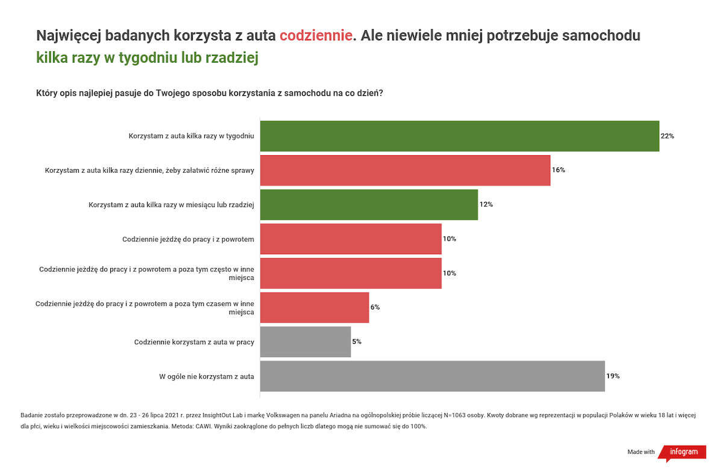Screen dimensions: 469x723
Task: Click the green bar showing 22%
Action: click(x=459, y=136)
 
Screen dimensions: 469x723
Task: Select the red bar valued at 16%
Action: click(x=405, y=170)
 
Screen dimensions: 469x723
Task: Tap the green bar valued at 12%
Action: click(x=369, y=205)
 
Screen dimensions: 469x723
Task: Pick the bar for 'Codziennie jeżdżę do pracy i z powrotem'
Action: click(x=351, y=239)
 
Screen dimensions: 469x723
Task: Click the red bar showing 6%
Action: click(x=315, y=308)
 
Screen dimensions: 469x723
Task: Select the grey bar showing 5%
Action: click(x=305, y=342)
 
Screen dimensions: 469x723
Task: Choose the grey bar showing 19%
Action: click(x=432, y=376)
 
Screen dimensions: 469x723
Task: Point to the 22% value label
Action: click(x=667, y=136)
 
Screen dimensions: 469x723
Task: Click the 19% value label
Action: click(x=613, y=376)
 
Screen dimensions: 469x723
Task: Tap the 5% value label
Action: click(x=357, y=342)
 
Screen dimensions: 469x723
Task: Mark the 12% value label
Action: click(x=486, y=205)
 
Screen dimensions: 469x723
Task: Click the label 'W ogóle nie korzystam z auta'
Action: click(x=206, y=376)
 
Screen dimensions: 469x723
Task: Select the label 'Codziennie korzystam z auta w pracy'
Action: click(x=193, y=342)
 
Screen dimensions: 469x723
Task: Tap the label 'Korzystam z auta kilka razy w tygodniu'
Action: click(x=191, y=136)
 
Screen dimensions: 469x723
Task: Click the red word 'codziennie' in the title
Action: click(x=316, y=36)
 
